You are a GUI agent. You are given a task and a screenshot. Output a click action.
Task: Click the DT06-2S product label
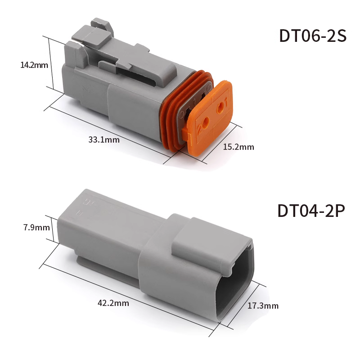[x=312, y=36]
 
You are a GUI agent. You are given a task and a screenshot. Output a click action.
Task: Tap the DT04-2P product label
[x=311, y=211]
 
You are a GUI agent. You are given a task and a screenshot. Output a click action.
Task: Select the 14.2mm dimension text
[x=34, y=65]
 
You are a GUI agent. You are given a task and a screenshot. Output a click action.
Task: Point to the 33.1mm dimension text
[x=104, y=139]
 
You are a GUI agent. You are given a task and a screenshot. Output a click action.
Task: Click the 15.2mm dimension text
[x=238, y=147]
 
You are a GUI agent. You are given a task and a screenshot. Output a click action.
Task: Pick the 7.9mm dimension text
[x=36, y=228]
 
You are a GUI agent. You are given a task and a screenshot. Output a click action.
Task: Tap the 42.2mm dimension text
[x=113, y=303]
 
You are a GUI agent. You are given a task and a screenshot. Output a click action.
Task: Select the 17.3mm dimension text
[x=263, y=306]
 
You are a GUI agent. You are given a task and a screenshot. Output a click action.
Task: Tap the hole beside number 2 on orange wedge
[x=206, y=121]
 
